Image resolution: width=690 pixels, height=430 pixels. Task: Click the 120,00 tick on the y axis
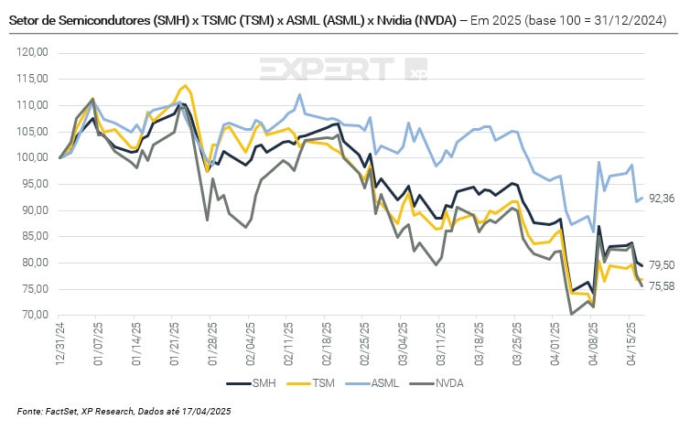33,53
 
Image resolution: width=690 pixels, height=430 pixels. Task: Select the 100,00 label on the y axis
33,157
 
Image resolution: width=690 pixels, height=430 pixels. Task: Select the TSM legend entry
313,383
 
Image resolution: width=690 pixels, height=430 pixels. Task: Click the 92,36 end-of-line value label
663,199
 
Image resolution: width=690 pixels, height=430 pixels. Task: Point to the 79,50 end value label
663,265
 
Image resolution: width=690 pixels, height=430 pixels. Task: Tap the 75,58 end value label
663,286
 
